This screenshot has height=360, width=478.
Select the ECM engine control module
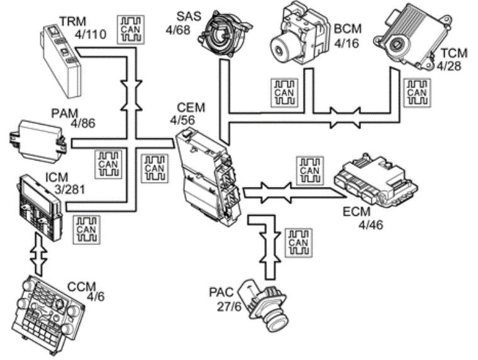click(x=377, y=183)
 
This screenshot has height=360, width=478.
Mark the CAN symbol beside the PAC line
click(x=298, y=242)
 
